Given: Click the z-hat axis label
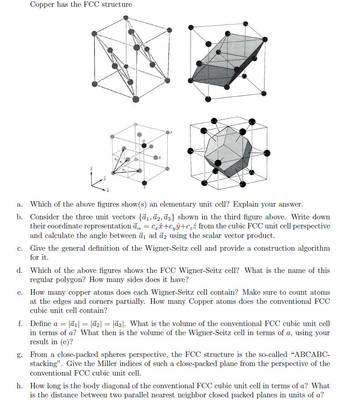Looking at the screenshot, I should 92,168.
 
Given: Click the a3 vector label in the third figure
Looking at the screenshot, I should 123,169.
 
